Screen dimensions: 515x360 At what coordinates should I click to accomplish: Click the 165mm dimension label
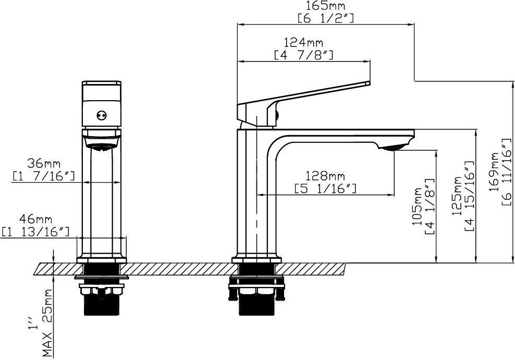325,6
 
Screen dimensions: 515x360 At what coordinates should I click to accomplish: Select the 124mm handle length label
303,43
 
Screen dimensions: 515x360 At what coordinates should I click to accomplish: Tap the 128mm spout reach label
325,176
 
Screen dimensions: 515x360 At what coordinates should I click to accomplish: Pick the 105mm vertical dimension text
417,206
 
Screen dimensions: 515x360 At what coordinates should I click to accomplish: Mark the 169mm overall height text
494,171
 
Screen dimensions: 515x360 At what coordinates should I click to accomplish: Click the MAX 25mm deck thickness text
47,323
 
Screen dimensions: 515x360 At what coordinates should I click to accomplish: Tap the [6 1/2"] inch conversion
326,18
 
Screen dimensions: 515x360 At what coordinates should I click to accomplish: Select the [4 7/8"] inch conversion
304,55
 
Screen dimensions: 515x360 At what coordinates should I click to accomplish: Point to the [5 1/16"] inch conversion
325,189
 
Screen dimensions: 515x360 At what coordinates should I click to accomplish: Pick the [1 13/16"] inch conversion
36,232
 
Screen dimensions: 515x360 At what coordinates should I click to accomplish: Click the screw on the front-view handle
102,115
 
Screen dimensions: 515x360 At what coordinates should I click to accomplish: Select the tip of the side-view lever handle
369,83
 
